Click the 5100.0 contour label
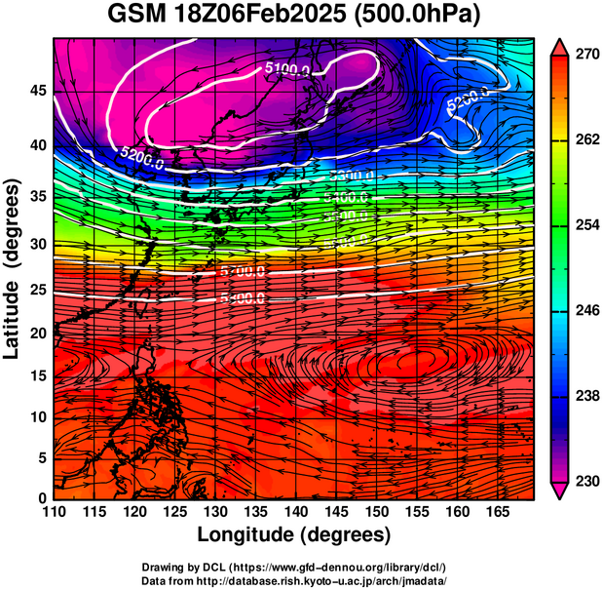coord(287,69)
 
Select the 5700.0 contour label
coord(243,270)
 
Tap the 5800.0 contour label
coord(243,297)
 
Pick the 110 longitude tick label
coord(55,512)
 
